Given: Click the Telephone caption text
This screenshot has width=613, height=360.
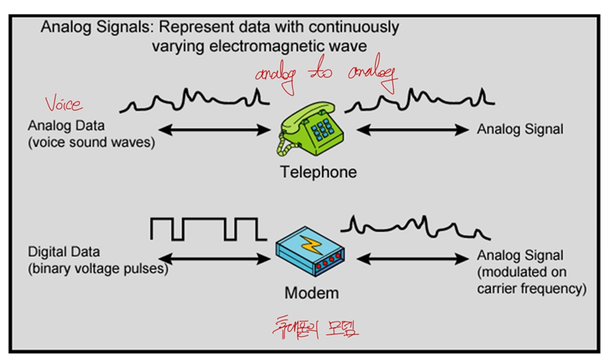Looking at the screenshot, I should coord(318,172).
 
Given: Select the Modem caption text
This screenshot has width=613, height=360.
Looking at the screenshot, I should coord(311,293).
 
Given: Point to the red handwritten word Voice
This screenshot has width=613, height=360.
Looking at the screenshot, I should coord(63,103).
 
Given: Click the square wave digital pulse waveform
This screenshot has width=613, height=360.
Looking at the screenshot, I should coord(203,229).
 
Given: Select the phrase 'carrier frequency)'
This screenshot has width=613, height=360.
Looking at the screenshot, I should coord(532,288).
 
